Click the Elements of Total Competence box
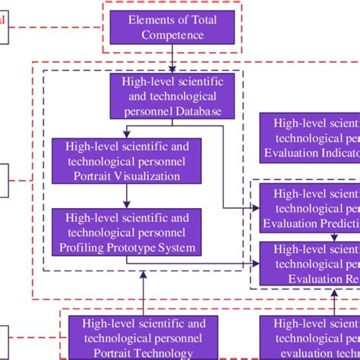(172, 27)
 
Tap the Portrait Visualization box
(127, 160)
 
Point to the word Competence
(172, 34)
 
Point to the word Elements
(147, 18)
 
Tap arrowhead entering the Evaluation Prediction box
(255, 206)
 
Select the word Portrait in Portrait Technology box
(112, 352)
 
